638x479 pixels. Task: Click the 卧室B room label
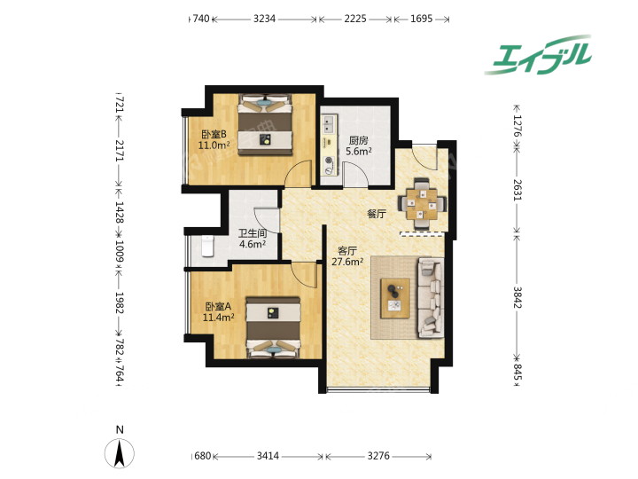pos(214,134)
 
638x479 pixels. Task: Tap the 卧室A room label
pos(218,306)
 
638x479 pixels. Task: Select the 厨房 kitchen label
pos(359,140)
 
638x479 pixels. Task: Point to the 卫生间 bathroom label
pos(253,233)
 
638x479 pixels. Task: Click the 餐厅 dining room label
pos(377,214)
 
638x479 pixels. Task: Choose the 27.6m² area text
pos(347,262)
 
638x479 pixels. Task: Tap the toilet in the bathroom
pos(207,246)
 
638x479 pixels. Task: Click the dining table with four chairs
pos(422,203)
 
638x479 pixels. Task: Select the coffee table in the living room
pos(394,298)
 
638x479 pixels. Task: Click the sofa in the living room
pos(431,299)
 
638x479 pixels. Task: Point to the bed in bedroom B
pos(265,124)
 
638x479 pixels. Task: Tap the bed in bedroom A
pos(273,327)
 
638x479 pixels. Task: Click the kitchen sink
pos(329,124)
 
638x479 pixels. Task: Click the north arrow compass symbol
pos(120,453)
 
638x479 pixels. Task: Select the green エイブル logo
pos(539,55)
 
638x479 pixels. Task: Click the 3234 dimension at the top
pos(264,19)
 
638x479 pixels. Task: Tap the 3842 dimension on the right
pos(517,298)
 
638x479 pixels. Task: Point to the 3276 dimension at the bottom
pos(378,456)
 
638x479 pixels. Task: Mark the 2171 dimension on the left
pos(119,151)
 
